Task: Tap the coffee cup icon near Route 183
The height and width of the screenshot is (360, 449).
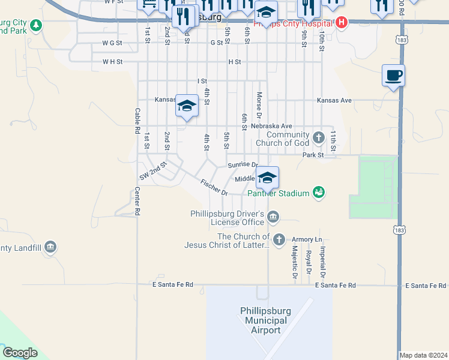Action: pyautogui.click(x=393, y=76)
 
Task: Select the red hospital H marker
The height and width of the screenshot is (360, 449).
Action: pyautogui.click(x=341, y=23)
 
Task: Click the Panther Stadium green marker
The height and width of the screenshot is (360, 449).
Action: pyautogui.click(x=318, y=193)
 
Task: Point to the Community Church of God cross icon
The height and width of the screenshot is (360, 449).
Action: pyautogui.click(x=318, y=137)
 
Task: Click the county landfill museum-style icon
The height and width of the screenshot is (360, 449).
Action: pyautogui.click(x=50, y=247)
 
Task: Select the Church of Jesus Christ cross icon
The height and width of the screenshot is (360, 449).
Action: pyautogui.click(x=279, y=240)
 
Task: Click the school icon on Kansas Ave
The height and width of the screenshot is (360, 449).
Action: pyautogui.click(x=187, y=106)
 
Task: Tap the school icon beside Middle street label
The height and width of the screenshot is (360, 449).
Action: pyautogui.click(x=267, y=177)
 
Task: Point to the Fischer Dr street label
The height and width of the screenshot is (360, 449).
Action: pyautogui.click(x=214, y=188)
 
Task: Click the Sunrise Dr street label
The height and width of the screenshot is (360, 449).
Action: pyautogui.click(x=243, y=165)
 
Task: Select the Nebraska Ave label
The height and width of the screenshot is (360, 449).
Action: pyautogui.click(x=271, y=126)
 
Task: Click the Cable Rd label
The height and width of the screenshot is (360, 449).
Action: pyautogui.click(x=137, y=121)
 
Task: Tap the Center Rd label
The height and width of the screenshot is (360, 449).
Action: pyautogui.click(x=137, y=201)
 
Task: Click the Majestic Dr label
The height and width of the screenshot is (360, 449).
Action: pyautogui.click(x=295, y=262)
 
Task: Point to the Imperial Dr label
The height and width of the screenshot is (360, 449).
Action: pyautogui.click(x=322, y=262)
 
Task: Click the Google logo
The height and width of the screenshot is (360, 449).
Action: pyautogui.click(x=20, y=353)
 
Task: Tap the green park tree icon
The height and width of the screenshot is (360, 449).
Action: pyautogui.click(x=36, y=25)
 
